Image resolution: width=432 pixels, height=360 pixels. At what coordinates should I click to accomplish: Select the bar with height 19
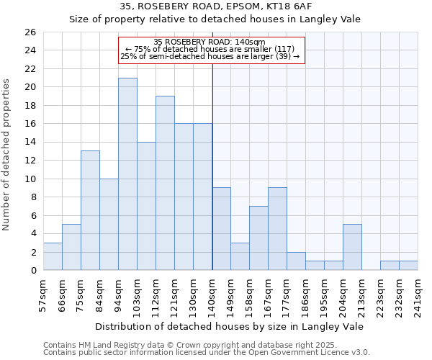click(165, 183)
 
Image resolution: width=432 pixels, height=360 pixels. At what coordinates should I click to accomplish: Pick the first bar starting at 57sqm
click(53, 256)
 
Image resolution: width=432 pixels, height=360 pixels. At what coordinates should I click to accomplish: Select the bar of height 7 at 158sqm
click(258, 238)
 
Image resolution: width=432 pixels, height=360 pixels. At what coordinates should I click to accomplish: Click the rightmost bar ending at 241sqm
click(408, 266)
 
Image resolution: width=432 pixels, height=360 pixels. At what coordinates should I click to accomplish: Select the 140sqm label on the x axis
click(212, 293)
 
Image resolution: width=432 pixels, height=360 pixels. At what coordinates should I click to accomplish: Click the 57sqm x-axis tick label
click(43, 292)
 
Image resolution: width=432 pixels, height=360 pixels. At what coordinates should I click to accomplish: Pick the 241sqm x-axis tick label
click(418, 293)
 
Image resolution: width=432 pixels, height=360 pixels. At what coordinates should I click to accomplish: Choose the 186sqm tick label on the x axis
click(306, 293)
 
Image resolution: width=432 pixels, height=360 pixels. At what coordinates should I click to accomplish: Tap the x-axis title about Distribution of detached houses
click(229, 326)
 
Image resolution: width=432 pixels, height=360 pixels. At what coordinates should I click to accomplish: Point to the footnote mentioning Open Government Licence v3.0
click(206, 352)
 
